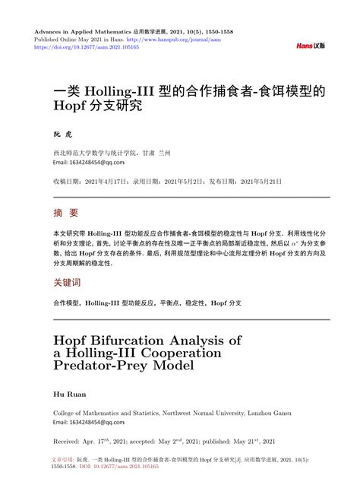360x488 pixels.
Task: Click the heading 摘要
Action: tap(66, 213)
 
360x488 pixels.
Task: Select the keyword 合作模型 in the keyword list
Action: tap(67, 303)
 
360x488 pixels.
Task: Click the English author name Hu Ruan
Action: tap(69, 395)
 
